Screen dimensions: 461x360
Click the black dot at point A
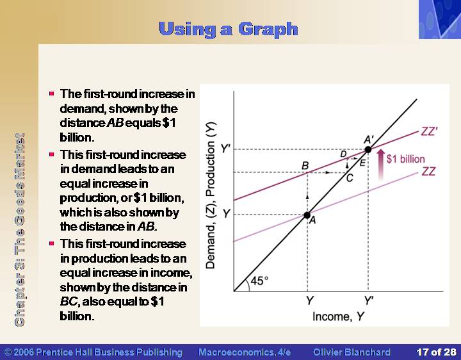[x=307, y=215]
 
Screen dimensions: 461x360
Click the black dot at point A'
[x=368, y=149]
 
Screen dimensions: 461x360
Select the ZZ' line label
[x=429, y=131]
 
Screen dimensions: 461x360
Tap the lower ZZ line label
[x=428, y=171]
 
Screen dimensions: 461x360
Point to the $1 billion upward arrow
[x=381, y=164]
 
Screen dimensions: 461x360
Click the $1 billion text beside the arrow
[x=406, y=159]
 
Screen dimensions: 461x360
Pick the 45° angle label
[x=259, y=281]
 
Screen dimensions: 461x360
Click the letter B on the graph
[x=305, y=166]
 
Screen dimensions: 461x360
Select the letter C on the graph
[x=350, y=178]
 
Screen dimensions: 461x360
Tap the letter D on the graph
[x=343, y=154]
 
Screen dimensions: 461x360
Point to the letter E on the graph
[x=362, y=163]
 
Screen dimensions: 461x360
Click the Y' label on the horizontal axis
[x=369, y=300]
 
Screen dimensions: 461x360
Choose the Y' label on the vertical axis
[x=225, y=149]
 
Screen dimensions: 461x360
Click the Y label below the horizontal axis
[x=310, y=300]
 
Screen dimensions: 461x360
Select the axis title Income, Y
[x=339, y=316]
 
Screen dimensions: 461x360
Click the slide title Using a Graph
[x=228, y=29]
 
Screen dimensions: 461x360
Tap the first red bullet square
[x=52, y=94]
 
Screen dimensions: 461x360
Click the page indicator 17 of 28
[x=436, y=352]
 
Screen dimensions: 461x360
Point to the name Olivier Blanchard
[x=352, y=352]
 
